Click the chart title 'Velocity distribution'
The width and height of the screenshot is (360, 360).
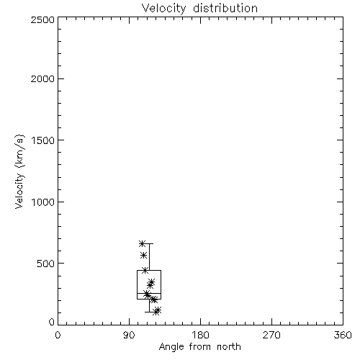(199, 9)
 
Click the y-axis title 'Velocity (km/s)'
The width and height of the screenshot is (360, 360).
(19, 171)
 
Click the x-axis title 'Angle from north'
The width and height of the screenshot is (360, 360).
(199, 347)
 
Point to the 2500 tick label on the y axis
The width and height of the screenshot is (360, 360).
(42, 19)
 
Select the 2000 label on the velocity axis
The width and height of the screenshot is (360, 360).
(42, 78)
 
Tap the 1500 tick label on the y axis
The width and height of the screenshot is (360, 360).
(43, 140)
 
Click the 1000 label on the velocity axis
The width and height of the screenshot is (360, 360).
(43, 202)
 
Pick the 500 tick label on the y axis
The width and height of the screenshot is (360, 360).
(46, 264)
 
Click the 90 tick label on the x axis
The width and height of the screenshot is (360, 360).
(129, 335)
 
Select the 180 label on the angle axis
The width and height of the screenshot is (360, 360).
(200, 335)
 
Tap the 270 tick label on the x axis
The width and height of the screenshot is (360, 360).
(271, 335)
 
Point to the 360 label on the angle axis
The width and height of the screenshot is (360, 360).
(343, 335)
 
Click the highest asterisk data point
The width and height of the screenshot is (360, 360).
(142, 243)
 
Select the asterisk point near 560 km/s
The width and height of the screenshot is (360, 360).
(143, 255)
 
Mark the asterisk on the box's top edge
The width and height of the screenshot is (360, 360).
(145, 271)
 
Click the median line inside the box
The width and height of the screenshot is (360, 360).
(149, 293)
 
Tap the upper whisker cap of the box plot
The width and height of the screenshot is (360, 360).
(149, 243)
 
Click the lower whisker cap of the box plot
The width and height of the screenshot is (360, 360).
(149, 312)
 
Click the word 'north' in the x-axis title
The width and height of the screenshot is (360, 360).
(229, 347)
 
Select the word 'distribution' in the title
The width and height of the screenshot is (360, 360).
(225, 9)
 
